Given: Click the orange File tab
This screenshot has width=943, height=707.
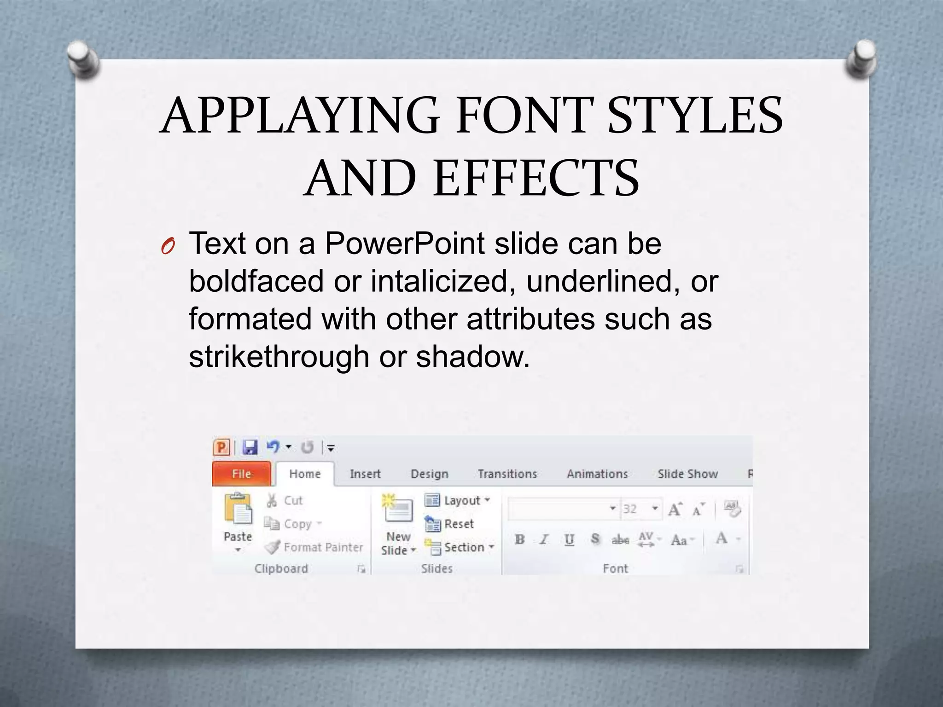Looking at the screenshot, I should click(x=241, y=474).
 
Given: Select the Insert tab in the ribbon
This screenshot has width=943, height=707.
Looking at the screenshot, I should click(x=365, y=474).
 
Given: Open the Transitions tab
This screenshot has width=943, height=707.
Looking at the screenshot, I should click(x=507, y=474).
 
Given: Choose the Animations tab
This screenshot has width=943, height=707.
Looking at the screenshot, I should click(x=597, y=474).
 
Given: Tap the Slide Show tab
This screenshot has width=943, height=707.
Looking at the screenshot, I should click(x=687, y=474).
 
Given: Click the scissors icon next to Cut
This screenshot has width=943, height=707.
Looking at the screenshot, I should click(x=272, y=500).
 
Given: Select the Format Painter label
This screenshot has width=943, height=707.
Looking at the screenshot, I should click(x=323, y=547).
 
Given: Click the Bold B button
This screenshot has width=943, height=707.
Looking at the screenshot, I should click(x=520, y=539).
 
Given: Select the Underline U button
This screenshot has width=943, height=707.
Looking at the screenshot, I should click(x=569, y=539).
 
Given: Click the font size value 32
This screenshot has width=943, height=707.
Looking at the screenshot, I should click(x=630, y=509).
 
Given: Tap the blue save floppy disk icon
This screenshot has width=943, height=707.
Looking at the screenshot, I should click(x=250, y=447).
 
